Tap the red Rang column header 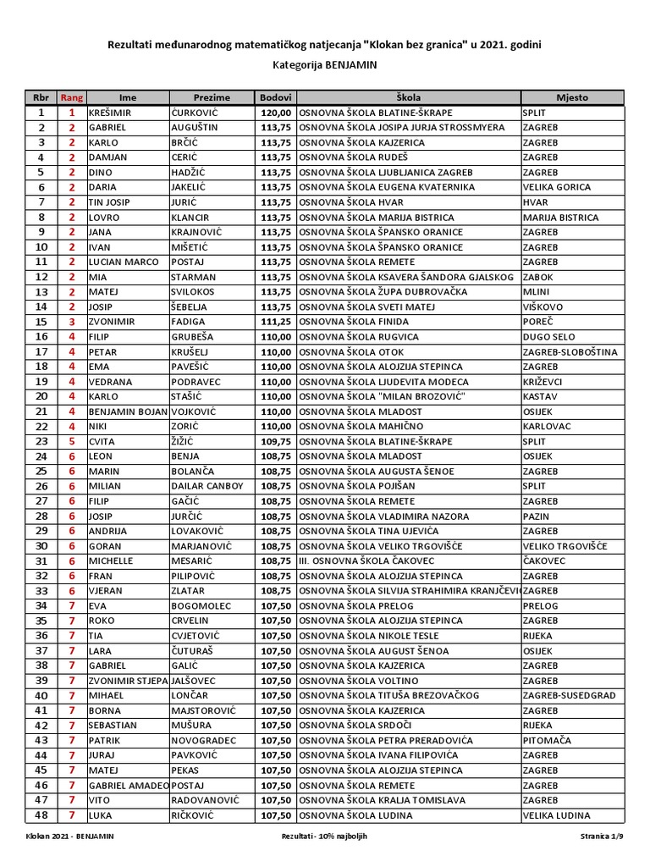(71, 97)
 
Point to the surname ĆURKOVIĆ (195, 113)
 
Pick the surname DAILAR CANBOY (207, 486)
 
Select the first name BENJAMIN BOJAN (127, 411)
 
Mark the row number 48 (41, 815)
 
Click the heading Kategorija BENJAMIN (325, 64)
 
